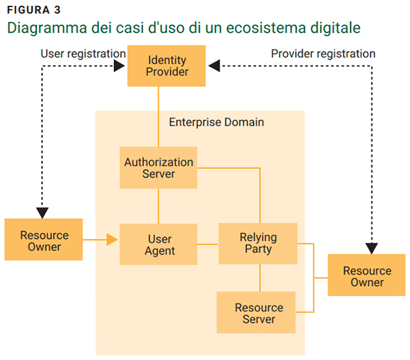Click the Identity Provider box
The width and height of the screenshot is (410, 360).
coord(167,66)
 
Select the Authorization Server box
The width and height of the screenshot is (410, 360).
coord(158,168)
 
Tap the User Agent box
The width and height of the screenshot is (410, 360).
coord(158,244)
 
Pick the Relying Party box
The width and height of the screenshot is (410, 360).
coord(258,243)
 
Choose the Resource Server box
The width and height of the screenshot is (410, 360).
coord(258,313)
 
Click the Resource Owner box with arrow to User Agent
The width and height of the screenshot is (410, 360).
coord(44,240)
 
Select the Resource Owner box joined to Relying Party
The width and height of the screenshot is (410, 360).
coord(367,276)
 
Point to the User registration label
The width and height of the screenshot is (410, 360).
coord(83,53)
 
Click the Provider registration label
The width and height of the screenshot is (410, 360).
coord(323,53)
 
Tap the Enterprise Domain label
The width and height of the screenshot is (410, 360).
coord(216,122)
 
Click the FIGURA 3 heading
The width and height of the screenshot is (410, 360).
coord(34,9)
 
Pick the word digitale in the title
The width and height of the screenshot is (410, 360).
coord(336,29)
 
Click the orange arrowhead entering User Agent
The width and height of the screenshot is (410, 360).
coord(112,240)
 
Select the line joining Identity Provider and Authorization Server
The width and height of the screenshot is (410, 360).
coord(158,115)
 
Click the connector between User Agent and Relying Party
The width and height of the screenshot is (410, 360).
coord(207,244)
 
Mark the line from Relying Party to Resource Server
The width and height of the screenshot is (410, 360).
coord(259,277)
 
